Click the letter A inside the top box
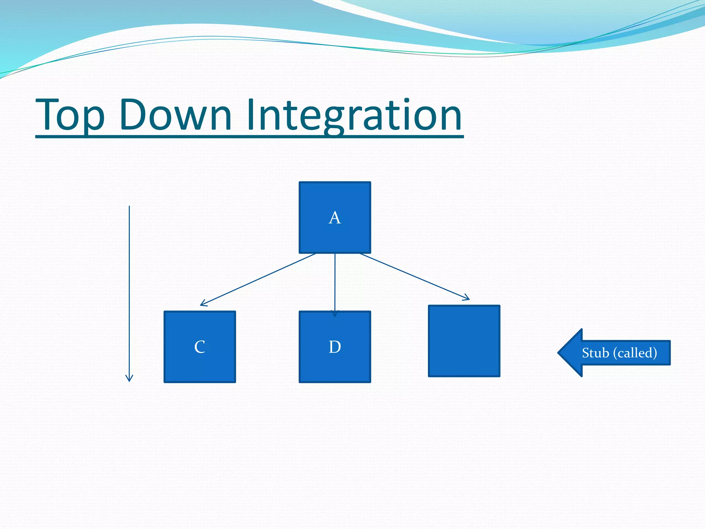coord(335,218)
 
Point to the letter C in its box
coord(200,347)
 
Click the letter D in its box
coord(335,347)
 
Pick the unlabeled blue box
coord(464,341)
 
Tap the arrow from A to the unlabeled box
coord(413,276)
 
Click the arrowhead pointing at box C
coord(203,304)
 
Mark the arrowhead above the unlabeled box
coord(467,298)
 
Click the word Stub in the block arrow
coord(596,353)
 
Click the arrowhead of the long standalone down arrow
coord(129,379)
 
